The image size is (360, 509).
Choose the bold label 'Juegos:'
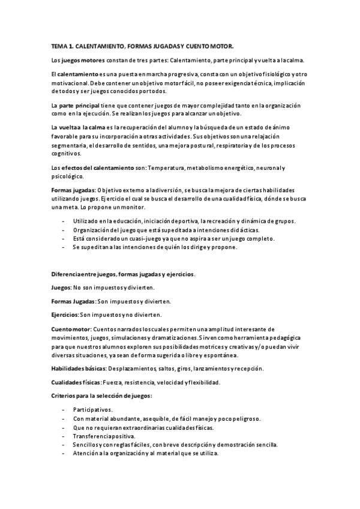[62, 288]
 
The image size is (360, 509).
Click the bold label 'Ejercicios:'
[65, 315]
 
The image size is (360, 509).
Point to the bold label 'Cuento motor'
[71, 329]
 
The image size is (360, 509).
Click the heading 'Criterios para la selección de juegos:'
[101, 396]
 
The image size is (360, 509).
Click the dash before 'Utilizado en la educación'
[64, 221]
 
